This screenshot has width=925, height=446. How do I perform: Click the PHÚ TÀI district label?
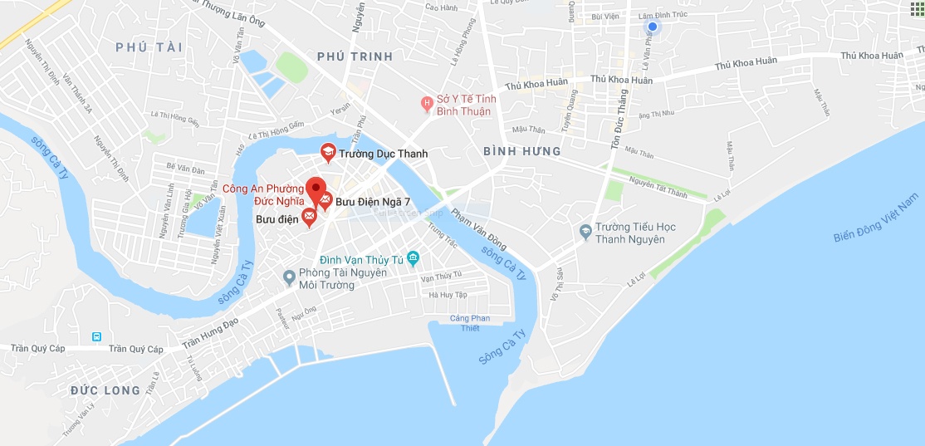149,47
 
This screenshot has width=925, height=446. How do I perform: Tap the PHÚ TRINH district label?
354,56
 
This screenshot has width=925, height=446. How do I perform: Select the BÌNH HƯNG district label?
522,151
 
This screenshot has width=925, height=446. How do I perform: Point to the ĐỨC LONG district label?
105,390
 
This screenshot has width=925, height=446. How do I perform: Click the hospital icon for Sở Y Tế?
427,104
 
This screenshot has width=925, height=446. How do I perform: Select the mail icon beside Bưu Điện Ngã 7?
325,199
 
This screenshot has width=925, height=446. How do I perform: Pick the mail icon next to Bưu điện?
309,218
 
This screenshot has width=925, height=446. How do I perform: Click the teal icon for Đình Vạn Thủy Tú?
414,260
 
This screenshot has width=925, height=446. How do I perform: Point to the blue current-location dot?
652,27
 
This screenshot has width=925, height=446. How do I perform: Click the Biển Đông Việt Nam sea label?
878,218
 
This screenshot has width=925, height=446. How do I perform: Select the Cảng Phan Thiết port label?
471,323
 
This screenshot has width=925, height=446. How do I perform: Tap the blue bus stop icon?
97,336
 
